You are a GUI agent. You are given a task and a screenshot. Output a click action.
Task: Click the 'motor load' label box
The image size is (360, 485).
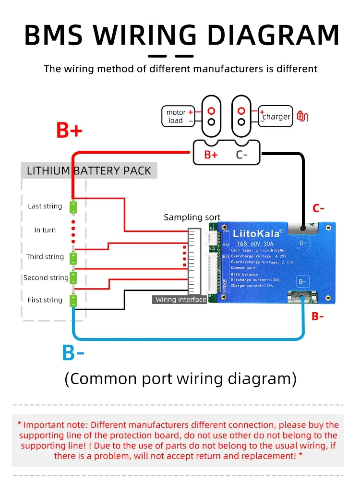[x=178, y=116]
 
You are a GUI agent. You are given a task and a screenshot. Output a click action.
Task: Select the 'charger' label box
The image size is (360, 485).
[x=276, y=116]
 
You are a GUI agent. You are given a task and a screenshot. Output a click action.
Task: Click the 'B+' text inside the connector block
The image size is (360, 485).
[x=211, y=155]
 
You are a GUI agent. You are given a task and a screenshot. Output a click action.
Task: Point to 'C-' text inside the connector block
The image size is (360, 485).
[x=242, y=155]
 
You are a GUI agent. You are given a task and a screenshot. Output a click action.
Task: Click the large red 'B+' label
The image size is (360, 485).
[x=70, y=130]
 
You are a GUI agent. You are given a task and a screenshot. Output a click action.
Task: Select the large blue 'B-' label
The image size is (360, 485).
[x=73, y=353]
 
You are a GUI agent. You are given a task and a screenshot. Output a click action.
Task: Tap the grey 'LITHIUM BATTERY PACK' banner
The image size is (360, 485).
[x=89, y=170]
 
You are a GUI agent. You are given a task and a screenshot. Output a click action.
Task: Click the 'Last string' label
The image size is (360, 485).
[x=45, y=206]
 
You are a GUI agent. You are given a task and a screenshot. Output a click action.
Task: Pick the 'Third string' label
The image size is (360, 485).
[x=45, y=256]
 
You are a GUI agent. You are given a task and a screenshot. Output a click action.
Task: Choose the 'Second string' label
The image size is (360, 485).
[x=46, y=278]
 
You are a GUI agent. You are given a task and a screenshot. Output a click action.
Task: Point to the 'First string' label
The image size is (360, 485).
[x=45, y=300]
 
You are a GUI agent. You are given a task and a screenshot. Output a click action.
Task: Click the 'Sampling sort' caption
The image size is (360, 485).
[x=192, y=217]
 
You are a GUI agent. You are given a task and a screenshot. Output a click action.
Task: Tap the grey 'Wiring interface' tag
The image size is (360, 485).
[x=180, y=300]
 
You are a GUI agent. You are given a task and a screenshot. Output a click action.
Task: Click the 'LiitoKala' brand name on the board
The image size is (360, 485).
[x=255, y=234]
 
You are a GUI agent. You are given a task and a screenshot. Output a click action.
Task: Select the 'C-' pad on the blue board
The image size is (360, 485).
[x=303, y=243]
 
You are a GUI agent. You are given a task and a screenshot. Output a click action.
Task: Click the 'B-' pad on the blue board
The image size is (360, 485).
[x=303, y=281]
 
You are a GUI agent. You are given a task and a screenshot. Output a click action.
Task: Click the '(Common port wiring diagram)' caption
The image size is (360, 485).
[x=180, y=378]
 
